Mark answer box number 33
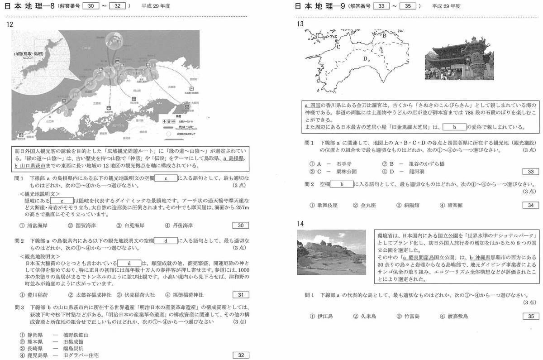click(530, 172)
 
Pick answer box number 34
click(530, 205)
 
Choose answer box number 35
click(530, 316)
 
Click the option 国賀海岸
click(81, 226)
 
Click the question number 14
click(301, 223)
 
